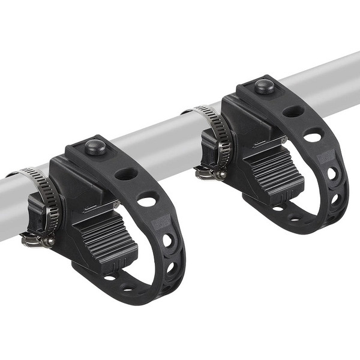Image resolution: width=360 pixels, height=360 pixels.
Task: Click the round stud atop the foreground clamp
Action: coord(94,146)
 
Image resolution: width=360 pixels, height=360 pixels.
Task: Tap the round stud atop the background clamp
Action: coord(264,86)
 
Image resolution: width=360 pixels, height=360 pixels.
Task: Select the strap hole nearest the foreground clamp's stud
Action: coord(126,174)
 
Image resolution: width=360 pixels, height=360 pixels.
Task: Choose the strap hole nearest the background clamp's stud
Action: coord(293,111)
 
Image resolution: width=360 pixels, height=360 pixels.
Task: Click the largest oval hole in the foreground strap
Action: coord(147,199)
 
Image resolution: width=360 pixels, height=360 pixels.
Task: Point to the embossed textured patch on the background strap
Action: coord(326,157)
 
